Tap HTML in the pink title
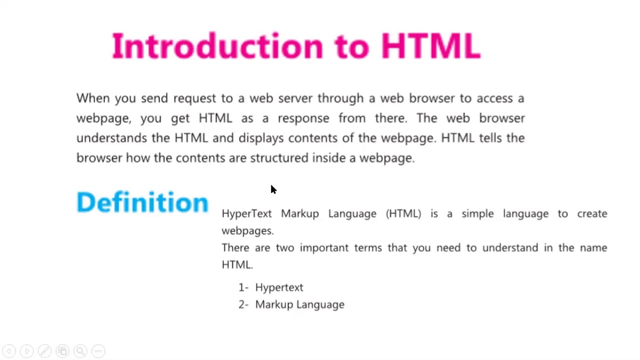click(x=430, y=46)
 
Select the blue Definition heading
click(x=142, y=202)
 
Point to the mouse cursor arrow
click(x=273, y=189)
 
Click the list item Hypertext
click(x=279, y=287)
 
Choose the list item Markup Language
click(x=299, y=304)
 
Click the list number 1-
click(x=243, y=287)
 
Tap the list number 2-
click(x=243, y=304)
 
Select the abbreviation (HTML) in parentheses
click(x=403, y=214)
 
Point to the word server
click(x=295, y=98)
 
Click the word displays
click(x=261, y=138)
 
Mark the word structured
click(x=279, y=158)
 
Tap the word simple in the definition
click(x=477, y=214)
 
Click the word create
click(x=592, y=214)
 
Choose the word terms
click(x=368, y=248)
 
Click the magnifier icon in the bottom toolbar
click(x=80, y=351)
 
